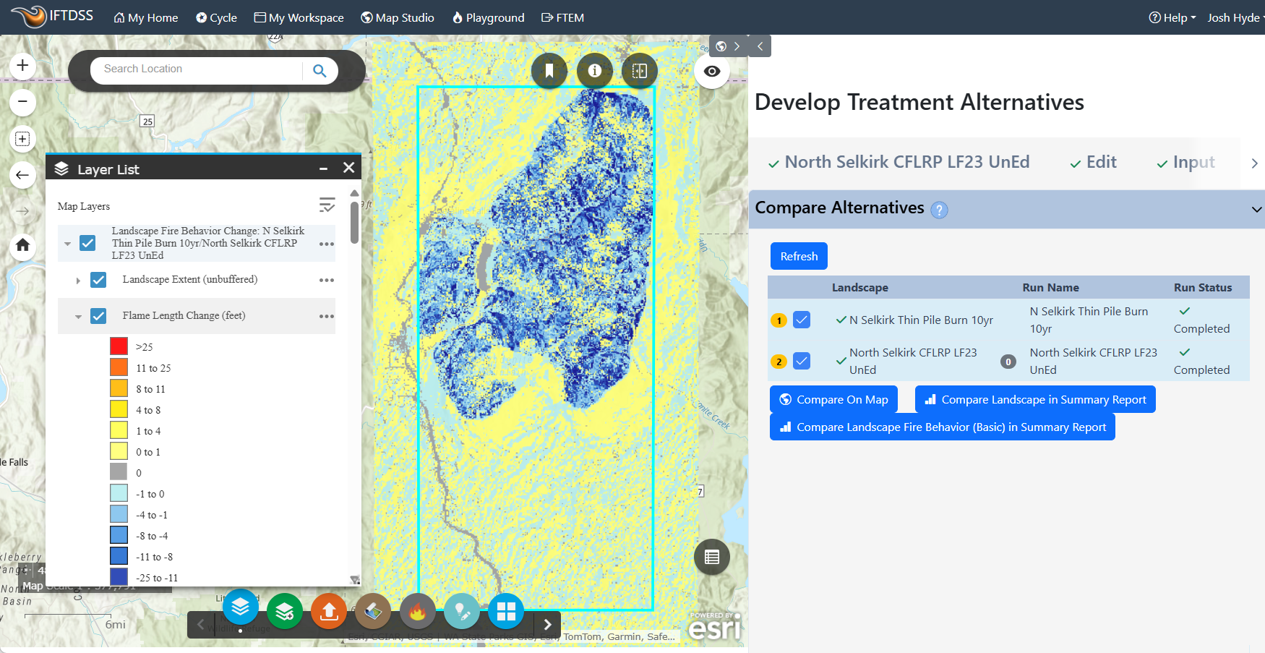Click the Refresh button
pyautogui.click(x=799, y=257)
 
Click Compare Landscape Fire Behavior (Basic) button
pyautogui.click(x=942, y=427)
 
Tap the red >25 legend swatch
pyautogui.click(x=119, y=346)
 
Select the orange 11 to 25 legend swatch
pyautogui.click(x=119, y=367)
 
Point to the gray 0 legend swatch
pyautogui.click(x=119, y=472)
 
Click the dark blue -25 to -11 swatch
pyautogui.click(x=119, y=577)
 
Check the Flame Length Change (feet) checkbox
pyautogui.click(x=98, y=316)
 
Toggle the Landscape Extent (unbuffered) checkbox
pyautogui.click(x=98, y=280)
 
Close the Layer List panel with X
pyautogui.click(x=348, y=168)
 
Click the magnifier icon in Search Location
pyautogui.click(x=320, y=70)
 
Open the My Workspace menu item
pyautogui.click(x=299, y=17)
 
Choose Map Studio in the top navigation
pyautogui.click(x=398, y=17)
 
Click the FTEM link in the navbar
pyautogui.click(x=562, y=17)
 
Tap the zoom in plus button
pyautogui.click(x=22, y=66)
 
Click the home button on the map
pyautogui.click(x=22, y=245)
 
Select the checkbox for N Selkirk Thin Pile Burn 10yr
pyautogui.click(x=802, y=320)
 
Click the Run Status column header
pyautogui.click(x=1202, y=287)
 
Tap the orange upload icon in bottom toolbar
pyautogui.click(x=329, y=611)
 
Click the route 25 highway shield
pyautogui.click(x=147, y=121)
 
